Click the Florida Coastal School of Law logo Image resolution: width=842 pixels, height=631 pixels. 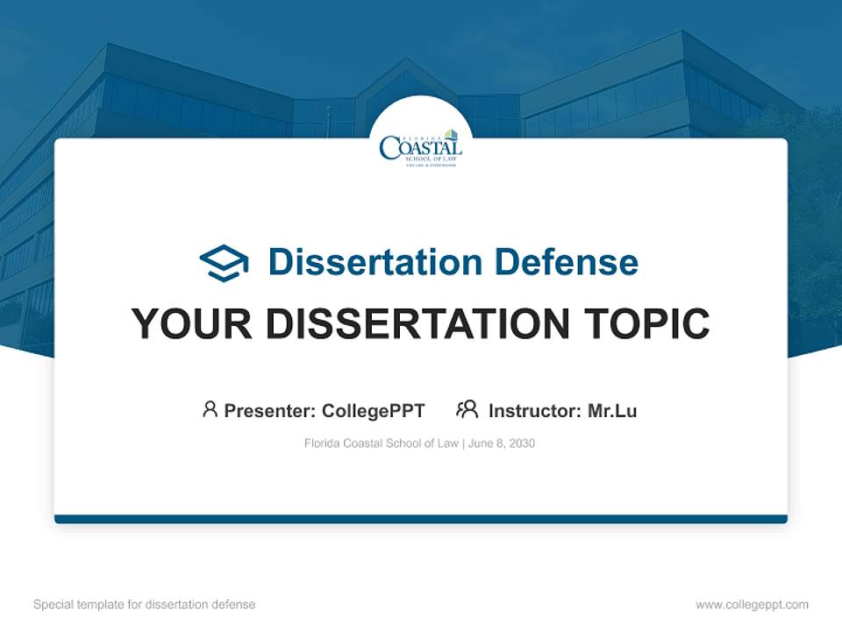click(421, 147)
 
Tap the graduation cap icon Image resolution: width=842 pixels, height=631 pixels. click(224, 263)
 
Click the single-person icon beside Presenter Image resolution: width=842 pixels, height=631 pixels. click(210, 409)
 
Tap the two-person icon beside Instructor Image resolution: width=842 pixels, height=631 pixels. click(467, 409)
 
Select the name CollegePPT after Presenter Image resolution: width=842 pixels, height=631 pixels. click(374, 410)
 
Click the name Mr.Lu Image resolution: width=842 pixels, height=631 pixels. click(612, 410)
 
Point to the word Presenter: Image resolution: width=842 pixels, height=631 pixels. click(270, 410)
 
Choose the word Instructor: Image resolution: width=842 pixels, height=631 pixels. click(535, 410)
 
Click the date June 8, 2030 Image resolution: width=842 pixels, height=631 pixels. click(502, 443)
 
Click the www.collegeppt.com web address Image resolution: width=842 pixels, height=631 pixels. click(752, 605)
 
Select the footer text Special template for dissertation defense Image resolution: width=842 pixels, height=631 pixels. click(145, 605)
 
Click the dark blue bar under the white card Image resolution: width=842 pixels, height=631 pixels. click(421, 519)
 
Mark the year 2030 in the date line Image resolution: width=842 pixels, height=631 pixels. click(520, 443)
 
